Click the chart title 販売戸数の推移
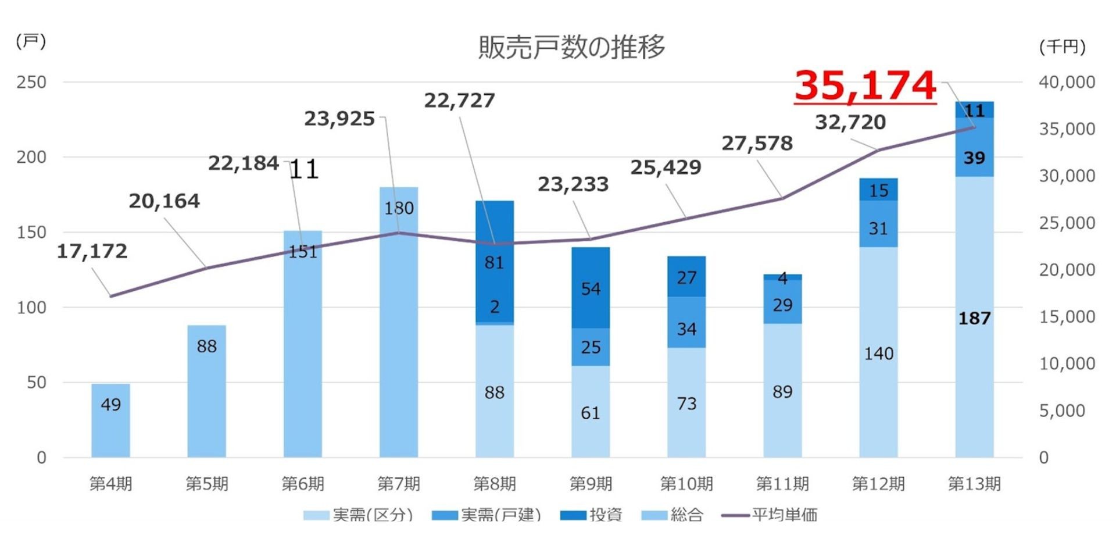[571, 47]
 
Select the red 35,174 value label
[865, 86]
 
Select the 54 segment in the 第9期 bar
[591, 288]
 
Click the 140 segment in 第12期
[878, 352]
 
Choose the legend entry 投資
[592, 515]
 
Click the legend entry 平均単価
[770, 515]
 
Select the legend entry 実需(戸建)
[487, 515]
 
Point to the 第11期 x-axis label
[782, 484]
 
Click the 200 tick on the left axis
[31, 157]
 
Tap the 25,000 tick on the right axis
[1067, 223]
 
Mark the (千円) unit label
[1062, 47]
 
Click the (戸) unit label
[31, 41]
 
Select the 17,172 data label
[92, 251]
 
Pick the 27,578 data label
[757, 143]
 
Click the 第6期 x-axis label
[302, 484]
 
